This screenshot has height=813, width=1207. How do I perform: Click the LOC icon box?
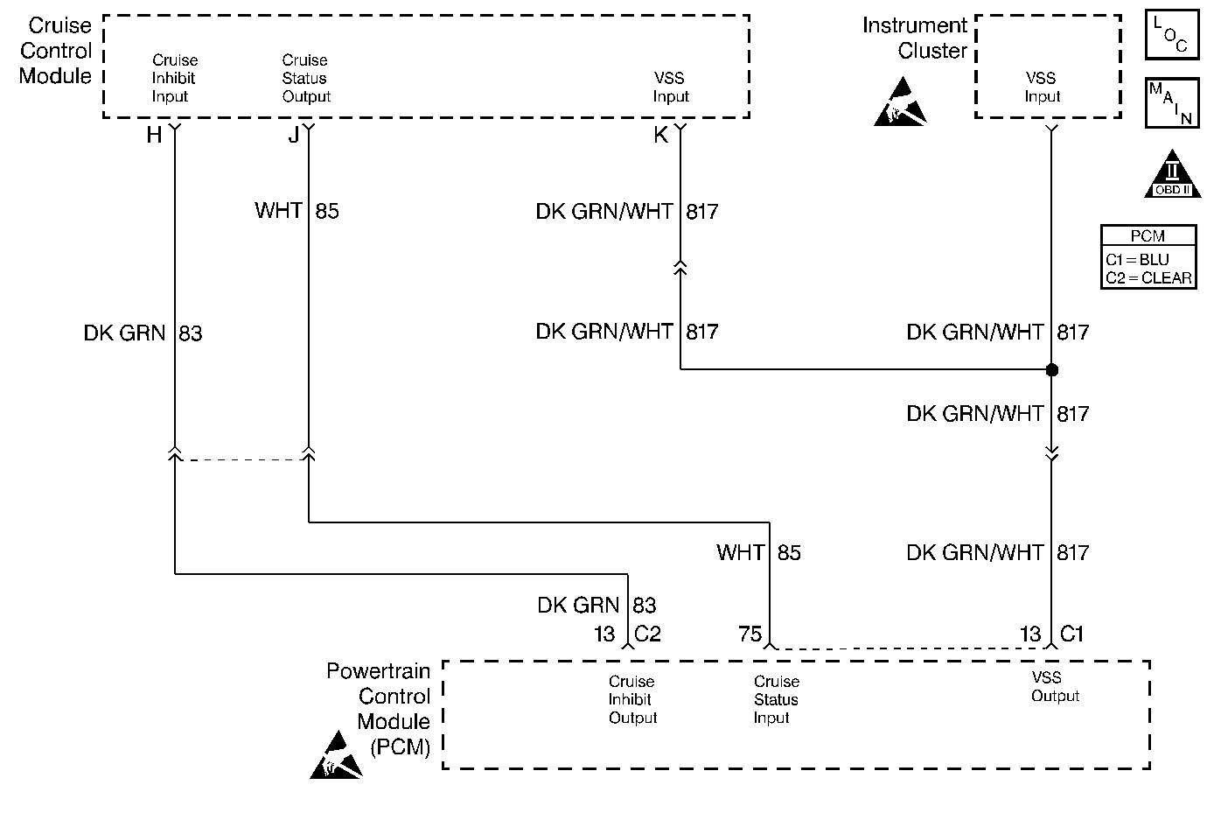tap(1171, 36)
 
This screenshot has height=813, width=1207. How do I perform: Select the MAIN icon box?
tap(1171, 103)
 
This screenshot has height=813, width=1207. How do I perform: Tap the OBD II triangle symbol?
tap(1171, 174)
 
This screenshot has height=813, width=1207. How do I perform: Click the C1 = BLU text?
tap(1137, 260)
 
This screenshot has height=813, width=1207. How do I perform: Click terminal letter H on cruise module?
tap(154, 135)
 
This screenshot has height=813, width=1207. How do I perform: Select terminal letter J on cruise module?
tap(293, 135)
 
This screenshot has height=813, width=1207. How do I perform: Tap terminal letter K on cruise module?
tap(660, 135)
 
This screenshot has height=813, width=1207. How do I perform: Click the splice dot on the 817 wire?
tap(1051, 369)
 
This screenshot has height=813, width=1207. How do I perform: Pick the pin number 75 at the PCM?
tap(750, 634)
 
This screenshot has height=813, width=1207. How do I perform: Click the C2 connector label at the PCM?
tap(647, 634)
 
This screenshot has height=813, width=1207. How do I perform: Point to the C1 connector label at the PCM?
tap(1071, 634)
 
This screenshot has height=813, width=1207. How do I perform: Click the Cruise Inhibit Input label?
tap(175, 79)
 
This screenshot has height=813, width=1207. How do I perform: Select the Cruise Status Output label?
tap(306, 79)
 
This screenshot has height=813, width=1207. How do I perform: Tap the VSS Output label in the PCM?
tap(1055, 687)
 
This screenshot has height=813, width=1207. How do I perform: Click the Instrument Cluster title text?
tap(915, 38)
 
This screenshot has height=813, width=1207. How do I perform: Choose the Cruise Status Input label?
tap(776, 699)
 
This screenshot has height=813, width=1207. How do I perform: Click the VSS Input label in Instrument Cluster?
tap(1042, 88)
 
